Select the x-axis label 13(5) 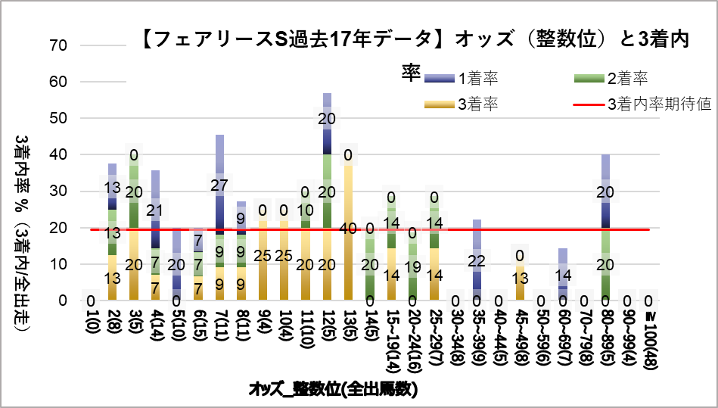pos(350,330)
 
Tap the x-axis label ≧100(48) pos(650,341)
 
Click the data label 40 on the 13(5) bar pos(350,228)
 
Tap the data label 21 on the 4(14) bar pos(155,210)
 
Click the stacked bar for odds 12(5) pos(328,197)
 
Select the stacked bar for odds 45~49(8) pos(521,282)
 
